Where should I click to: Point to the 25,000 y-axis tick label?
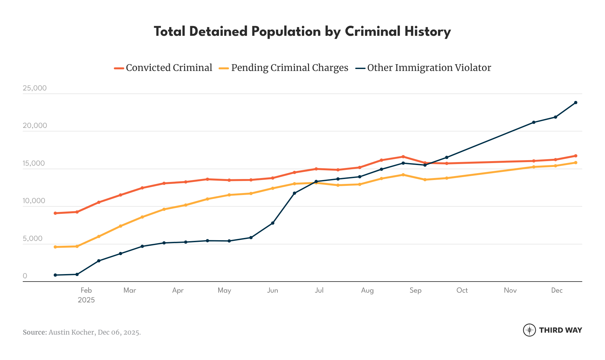[34, 88]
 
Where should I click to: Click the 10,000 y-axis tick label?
[34, 201]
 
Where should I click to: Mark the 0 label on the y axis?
[25, 276]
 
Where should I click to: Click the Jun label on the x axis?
[273, 290]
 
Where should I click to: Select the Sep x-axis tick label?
[415, 290]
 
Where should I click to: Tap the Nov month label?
[510, 290]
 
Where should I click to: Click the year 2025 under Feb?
[86, 300]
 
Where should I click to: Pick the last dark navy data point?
[575, 103]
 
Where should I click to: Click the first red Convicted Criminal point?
[55, 213]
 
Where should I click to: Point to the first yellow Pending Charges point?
[55, 247]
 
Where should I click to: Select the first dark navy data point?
[55, 275]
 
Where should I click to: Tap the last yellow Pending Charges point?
[575, 162]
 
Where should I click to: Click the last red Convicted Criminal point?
[575, 156]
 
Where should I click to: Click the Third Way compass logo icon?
[529, 330]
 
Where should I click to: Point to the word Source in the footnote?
[34, 332]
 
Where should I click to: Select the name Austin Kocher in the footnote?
[72, 332]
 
